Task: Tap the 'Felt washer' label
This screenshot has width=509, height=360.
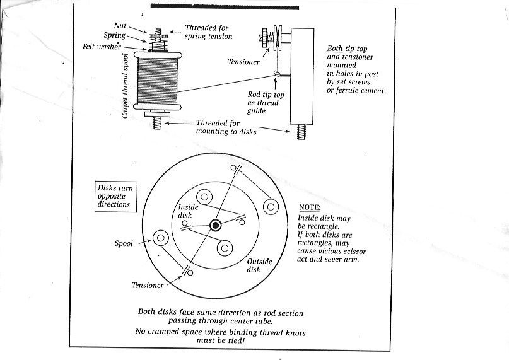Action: point(102,46)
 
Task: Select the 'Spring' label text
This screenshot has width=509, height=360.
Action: point(114,36)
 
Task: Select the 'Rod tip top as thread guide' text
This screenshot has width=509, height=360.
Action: point(265,102)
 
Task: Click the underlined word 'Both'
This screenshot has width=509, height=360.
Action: point(335,49)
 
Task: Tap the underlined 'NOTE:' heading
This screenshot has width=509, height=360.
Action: point(309,207)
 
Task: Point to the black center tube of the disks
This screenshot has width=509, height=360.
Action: point(216,224)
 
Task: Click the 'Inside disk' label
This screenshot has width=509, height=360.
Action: point(187,211)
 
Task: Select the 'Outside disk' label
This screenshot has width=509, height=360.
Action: point(258,265)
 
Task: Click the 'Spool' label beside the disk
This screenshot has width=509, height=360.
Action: point(124,243)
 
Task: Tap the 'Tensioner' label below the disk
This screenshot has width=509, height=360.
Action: point(148,285)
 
